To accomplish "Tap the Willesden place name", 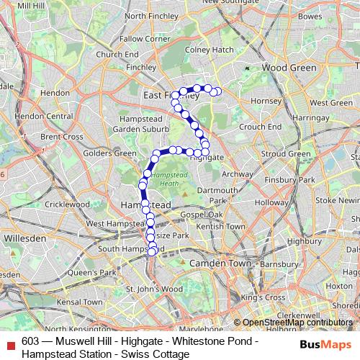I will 24,237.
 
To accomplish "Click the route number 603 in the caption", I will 30,341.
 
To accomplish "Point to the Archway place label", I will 238,174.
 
